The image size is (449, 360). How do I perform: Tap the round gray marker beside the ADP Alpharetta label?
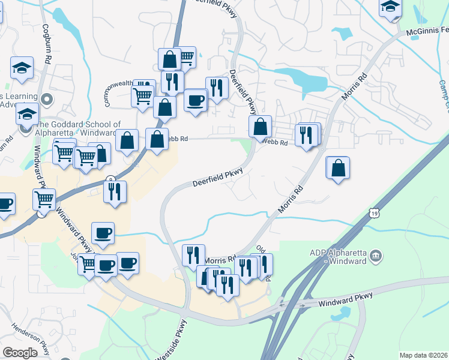(x=376, y=255)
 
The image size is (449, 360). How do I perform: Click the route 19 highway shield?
(x=375, y=213)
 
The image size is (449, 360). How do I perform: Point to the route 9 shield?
(x=110, y=179)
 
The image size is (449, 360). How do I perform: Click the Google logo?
(x=20, y=353)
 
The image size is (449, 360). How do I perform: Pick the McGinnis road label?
(x=427, y=30)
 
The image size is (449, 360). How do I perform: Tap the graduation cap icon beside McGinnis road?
(x=390, y=8)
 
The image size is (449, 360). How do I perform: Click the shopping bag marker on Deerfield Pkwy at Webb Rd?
(x=260, y=127)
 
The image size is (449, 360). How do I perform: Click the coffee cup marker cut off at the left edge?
(x=5, y=203)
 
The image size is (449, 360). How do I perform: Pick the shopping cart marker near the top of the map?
(x=187, y=58)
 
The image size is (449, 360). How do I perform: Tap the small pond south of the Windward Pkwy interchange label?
(x=341, y=313)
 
